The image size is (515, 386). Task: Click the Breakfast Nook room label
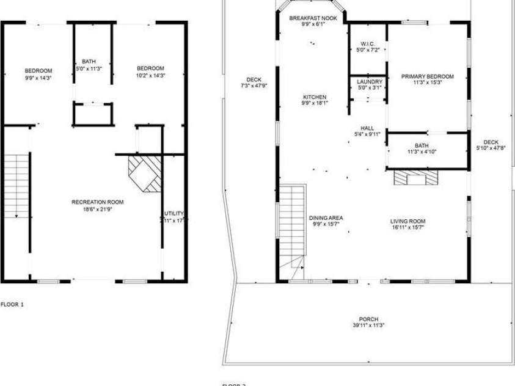(x=312, y=18)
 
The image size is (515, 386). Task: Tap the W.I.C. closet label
(x=367, y=43)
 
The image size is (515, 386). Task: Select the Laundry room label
(x=370, y=81)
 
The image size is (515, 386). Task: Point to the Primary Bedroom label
(x=428, y=76)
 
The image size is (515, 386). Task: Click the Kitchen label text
(x=315, y=97)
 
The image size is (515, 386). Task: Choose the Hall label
(x=367, y=128)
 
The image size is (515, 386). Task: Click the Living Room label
(x=407, y=221)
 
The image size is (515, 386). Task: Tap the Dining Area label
(x=325, y=217)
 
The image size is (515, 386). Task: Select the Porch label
(x=368, y=319)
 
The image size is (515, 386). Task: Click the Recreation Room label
(x=98, y=202)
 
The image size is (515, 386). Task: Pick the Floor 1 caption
(x=12, y=304)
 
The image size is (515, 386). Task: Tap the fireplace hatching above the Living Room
(x=416, y=177)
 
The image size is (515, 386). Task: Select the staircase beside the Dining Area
(x=292, y=220)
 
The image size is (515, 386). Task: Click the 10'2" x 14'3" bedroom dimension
(x=150, y=76)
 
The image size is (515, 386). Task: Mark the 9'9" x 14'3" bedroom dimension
(x=38, y=78)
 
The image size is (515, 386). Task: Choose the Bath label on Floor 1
(x=89, y=62)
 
